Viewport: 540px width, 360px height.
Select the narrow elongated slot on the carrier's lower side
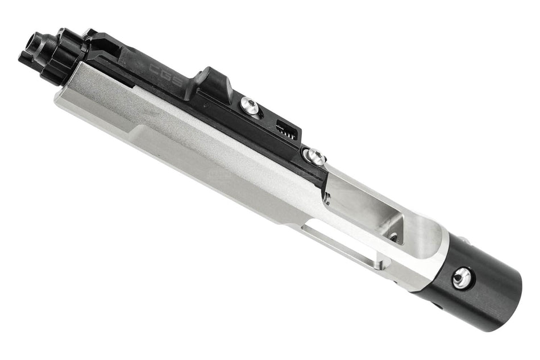pos(341,245)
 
